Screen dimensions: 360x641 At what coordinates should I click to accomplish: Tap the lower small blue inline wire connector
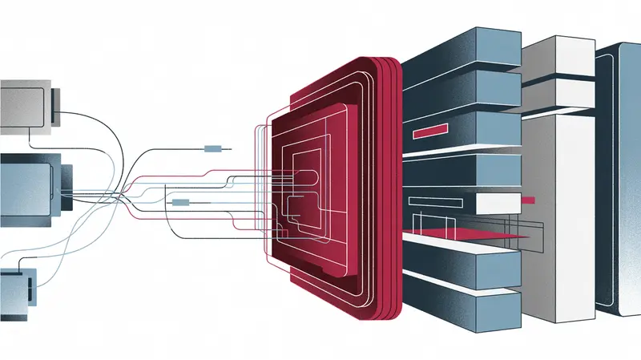click(181, 203)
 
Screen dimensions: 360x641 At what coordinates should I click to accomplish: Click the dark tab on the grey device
click(57, 101)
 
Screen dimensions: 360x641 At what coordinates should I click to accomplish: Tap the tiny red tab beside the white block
click(528, 198)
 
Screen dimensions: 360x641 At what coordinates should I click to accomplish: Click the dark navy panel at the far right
click(617, 176)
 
